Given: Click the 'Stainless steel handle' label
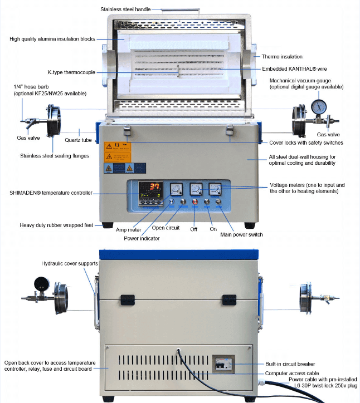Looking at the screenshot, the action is pos(125,9).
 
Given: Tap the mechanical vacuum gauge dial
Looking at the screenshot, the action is pos(319,107).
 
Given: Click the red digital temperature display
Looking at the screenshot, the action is pos(154,186).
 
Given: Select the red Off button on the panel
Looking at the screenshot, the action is pos(195,202).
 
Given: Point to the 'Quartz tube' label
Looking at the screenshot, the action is pos(78,140).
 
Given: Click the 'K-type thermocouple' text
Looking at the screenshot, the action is pos(71,72).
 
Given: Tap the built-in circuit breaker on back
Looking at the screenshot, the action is pos(223,364).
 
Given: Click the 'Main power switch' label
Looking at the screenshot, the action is pos(241,234).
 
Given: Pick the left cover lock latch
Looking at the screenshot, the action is pos(127,130).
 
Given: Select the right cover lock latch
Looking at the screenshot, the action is pos(230,130).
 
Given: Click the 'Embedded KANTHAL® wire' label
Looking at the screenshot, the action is pos(294,69).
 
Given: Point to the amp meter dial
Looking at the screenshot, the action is pos(177,189).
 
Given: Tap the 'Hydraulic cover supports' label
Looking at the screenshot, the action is pos(70,263).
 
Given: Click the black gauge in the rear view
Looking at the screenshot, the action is pos(41,283).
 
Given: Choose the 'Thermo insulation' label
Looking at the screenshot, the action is pos(282,57).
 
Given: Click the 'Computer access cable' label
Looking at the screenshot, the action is pos(292,373).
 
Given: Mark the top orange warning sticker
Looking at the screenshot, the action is pos(118,147).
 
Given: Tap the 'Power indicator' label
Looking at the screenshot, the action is pos(142,238).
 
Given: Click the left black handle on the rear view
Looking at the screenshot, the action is pos(128,300).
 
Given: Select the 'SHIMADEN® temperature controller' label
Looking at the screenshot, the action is pos(51,193).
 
